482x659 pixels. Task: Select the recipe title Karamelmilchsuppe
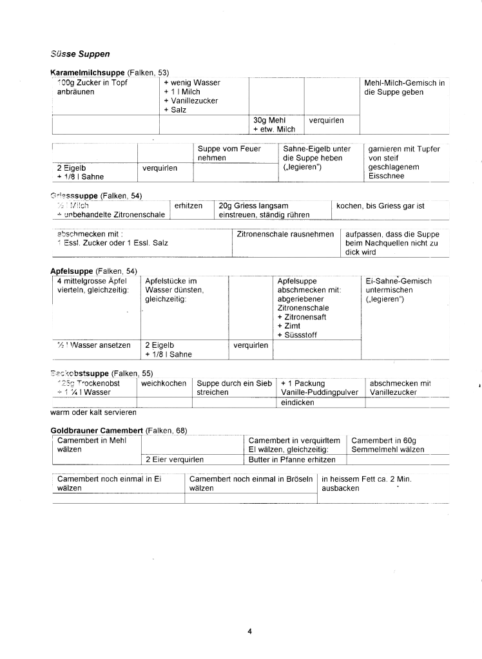[88, 73]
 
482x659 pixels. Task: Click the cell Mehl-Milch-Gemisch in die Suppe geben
[404, 87]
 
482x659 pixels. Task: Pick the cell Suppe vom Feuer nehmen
[229, 153]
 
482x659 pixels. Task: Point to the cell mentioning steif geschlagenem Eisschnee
[404, 162]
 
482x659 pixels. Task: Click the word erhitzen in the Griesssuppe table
[189, 205]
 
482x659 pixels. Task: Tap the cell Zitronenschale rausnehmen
[285, 234]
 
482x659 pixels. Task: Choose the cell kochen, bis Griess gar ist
[380, 205]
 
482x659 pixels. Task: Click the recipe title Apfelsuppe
[72, 272]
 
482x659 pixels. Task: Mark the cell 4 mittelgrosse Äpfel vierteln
[92, 285]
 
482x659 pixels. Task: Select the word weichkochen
[164, 383]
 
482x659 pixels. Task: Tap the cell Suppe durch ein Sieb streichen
[234, 387]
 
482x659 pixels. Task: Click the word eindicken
[297, 402]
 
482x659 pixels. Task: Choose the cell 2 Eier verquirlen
[175, 459]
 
